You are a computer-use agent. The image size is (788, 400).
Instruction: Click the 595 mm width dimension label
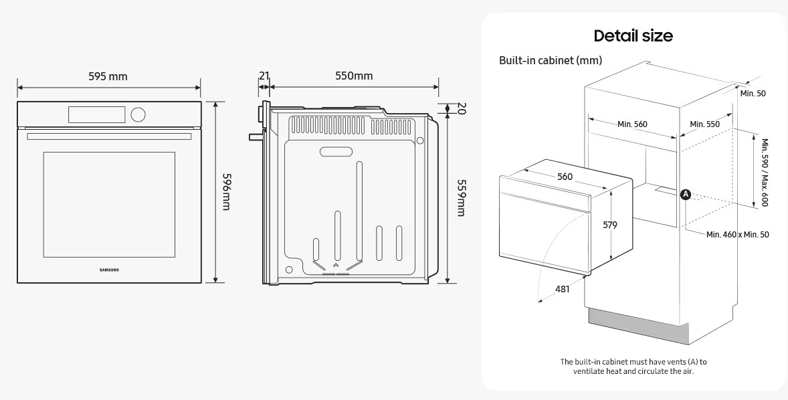(108, 76)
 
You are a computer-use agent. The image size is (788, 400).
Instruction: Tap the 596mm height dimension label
(226, 192)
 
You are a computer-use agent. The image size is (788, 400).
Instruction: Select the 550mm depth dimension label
(354, 76)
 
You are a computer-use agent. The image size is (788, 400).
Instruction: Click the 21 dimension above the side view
(264, 76)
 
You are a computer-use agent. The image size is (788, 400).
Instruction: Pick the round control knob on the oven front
(138, 114)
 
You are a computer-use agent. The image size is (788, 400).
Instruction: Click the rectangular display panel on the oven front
(96, 114)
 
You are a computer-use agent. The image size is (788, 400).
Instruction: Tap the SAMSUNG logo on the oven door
(110, 270)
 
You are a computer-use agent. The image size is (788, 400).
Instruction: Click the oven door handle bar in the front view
(109, 136)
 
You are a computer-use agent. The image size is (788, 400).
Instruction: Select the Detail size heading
(633, 35)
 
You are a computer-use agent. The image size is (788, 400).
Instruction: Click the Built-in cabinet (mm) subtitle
(551, 60)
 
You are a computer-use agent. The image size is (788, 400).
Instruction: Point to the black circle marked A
(686, 195)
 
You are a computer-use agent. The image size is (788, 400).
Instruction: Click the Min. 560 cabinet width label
(633, 124)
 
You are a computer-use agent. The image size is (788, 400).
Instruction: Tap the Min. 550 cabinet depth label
(704, 124)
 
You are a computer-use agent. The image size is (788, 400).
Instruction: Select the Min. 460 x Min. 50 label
(738, 235)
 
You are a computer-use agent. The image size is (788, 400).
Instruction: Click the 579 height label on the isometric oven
(610, 225)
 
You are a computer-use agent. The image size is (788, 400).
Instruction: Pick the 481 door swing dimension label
(563, 289)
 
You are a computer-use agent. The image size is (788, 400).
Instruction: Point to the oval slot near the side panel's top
(336, 151)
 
